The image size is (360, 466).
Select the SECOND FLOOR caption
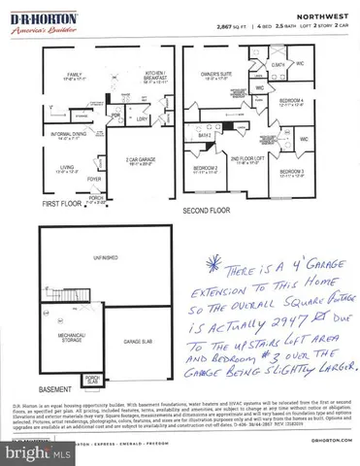coord(206,210)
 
